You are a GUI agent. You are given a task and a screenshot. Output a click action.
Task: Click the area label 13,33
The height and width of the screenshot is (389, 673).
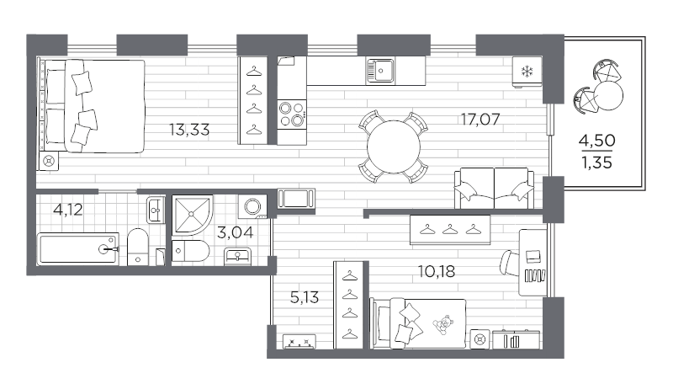point(188,130)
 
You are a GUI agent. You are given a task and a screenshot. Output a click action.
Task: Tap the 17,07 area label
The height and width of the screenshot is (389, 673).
point(480,119)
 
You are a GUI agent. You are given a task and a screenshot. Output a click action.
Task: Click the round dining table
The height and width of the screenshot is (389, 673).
point(394,146)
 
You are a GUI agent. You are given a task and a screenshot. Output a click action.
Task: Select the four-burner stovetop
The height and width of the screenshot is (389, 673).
point(291,113)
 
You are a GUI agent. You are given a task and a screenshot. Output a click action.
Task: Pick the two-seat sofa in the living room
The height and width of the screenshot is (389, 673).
point(494,187)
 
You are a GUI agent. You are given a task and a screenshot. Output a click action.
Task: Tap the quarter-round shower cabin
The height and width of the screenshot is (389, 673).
point(192,216)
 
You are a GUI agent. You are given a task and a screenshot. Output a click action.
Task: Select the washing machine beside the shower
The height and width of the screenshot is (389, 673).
point(252,205)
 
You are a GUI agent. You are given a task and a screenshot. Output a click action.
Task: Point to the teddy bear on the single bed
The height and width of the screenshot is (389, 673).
point(440,323)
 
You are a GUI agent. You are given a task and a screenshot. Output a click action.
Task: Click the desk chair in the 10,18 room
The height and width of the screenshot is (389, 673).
point(510,264)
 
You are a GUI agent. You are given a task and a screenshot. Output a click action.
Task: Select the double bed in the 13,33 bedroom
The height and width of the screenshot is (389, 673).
point(92,106)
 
